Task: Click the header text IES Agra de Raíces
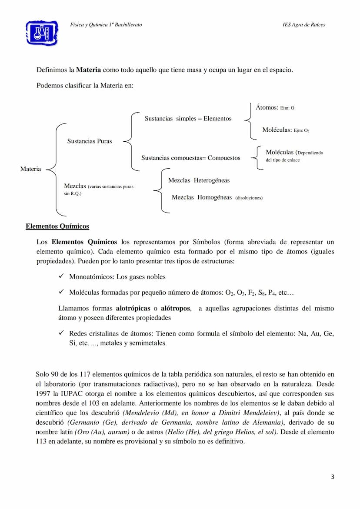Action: (303, 24)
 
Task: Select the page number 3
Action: (333, 477)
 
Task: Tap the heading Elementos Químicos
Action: (57, 226)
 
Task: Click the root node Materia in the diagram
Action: (30, 169)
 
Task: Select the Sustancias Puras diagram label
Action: (90, 141)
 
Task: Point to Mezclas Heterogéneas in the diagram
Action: (199, 180)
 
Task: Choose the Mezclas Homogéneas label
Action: (202, 197)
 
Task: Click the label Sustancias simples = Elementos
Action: (188, 118)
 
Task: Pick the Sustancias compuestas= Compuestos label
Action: (190, 158)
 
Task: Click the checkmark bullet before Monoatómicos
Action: (61, 276)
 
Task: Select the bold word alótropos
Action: (176, 308)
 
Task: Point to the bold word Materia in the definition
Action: (89, 70)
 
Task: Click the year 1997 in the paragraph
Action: (44, 393)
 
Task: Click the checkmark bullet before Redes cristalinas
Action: (61, 333)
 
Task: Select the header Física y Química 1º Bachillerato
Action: (106, 24)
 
